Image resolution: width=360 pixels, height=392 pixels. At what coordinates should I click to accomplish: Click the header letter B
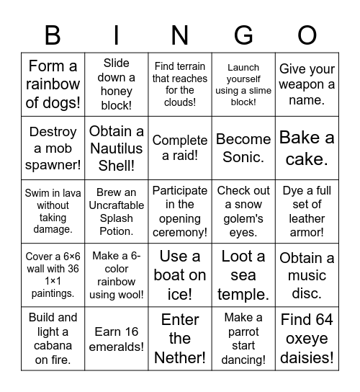pyautogui.click(x=53, y=35)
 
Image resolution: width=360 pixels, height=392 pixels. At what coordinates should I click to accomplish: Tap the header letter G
pyautogui.click(x=243, y=35)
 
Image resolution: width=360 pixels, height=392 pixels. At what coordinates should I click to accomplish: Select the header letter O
pyautogui.click(x=307, y=35)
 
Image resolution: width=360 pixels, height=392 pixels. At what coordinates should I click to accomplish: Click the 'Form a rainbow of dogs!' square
pyautogui.click(x=53, y=84)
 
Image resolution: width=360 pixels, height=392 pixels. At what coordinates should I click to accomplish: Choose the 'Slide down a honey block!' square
pyautogui.click(x=117, y=84)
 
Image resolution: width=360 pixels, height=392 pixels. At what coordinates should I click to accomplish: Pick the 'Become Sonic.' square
pyautogui.click(x=243, y=148)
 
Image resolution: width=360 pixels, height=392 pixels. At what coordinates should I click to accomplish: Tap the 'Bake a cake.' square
pyautogui.click(x=307, y=148)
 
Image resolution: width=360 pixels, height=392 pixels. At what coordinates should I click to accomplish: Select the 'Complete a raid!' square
pyautogui.click(x=180, y=148)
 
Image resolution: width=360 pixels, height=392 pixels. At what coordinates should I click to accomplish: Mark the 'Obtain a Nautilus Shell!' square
pyautogui.click(x=117, y=148)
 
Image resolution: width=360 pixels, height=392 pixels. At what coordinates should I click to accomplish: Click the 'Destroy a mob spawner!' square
pyautogui.click(x=53, y=148)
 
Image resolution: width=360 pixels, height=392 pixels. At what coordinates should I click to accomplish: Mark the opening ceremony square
pyautogui.click(x=180, y=211)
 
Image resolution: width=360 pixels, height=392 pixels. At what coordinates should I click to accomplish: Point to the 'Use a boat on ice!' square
pyautogui.click(x=180, y=275)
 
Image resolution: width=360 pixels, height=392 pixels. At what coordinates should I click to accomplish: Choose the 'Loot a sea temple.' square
pyautogui.click(x=243, y=275)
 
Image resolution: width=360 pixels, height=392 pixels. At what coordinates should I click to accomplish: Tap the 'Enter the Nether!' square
pyautogui.click(x=180, y=338)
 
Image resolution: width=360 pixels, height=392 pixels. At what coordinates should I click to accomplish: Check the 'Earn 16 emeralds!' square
pyautogui.click(x=117, y=338)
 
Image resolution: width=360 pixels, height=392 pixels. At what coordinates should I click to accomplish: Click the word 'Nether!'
pyautogui.click(x=180, y=357)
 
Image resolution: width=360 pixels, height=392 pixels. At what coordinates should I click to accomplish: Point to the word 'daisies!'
pyautogui.click(x=307, y=357)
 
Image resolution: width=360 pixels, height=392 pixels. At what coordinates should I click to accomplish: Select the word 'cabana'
pyautogui.click(x=53, y=346)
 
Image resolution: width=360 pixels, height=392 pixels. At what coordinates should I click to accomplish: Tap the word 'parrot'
pyautogui.click(x=243, y=331)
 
